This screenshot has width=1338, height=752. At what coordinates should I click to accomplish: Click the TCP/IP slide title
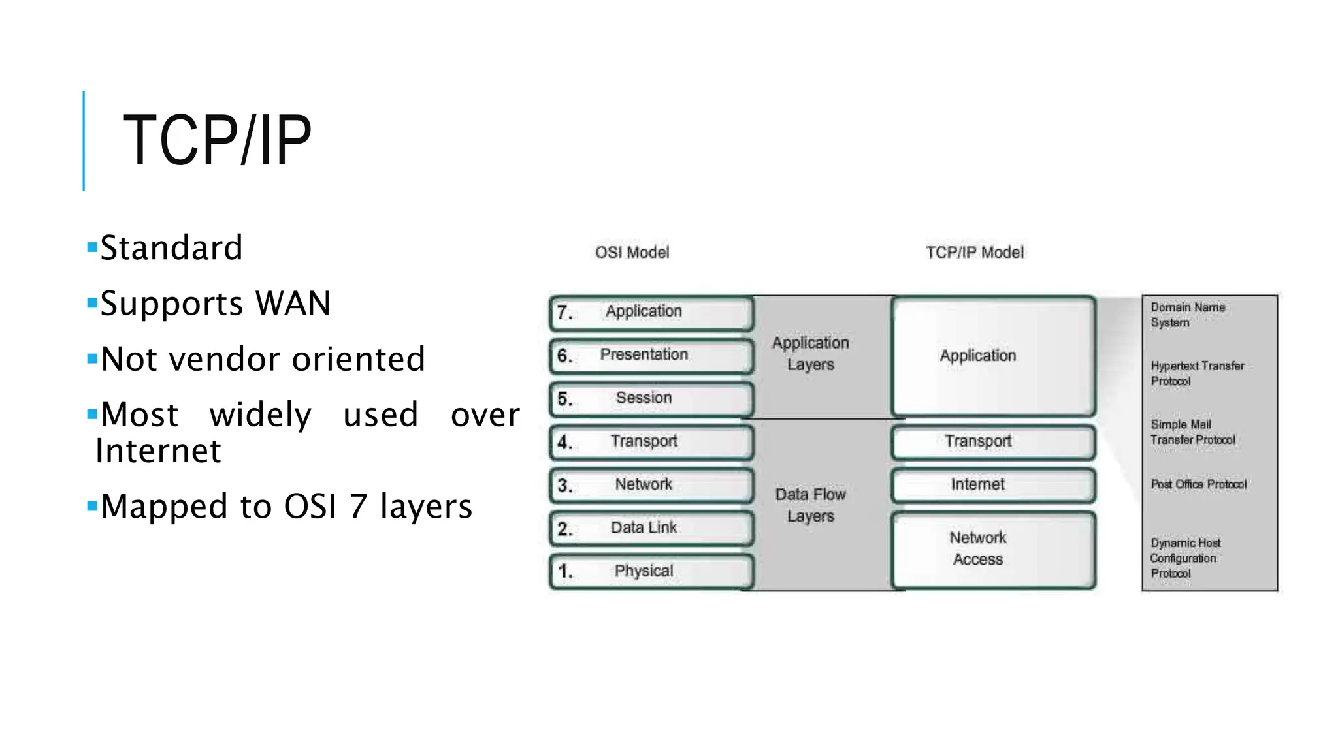click(217, 140)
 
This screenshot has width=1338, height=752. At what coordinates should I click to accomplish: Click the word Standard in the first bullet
click(171, 248)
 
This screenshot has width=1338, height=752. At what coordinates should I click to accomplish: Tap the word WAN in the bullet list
click(293, 304)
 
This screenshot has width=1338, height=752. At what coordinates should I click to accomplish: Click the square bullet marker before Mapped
click(92, 505)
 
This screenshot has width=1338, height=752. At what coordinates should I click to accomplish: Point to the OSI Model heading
click(632, 252)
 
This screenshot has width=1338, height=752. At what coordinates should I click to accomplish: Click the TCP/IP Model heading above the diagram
click(974, 252)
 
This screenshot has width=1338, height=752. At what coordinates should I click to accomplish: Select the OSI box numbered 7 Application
click(651, 312)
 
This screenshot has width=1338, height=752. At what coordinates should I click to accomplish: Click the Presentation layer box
click(651, 355)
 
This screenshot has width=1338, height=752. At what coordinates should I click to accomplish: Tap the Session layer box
click(651, 398)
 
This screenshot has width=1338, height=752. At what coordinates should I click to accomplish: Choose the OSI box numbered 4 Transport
click(651, 442)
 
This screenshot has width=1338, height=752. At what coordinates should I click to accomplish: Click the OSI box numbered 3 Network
click(651, 485)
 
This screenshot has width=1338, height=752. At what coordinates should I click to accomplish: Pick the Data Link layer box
click(651, 528)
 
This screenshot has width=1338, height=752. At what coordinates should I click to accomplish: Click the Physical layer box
click(651, 571)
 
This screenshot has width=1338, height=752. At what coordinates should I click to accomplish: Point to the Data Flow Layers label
click(810, 505)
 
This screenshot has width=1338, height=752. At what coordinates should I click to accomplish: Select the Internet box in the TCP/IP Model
click(992, 485)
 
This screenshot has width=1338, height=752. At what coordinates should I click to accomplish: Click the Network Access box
click(992, 549)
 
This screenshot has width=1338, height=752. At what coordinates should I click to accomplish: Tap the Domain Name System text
click(1187, 315)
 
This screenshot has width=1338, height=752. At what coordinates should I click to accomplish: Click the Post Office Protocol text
click(1198, 484)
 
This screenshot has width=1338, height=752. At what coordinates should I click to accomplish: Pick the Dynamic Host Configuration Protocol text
click(1184, 558)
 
